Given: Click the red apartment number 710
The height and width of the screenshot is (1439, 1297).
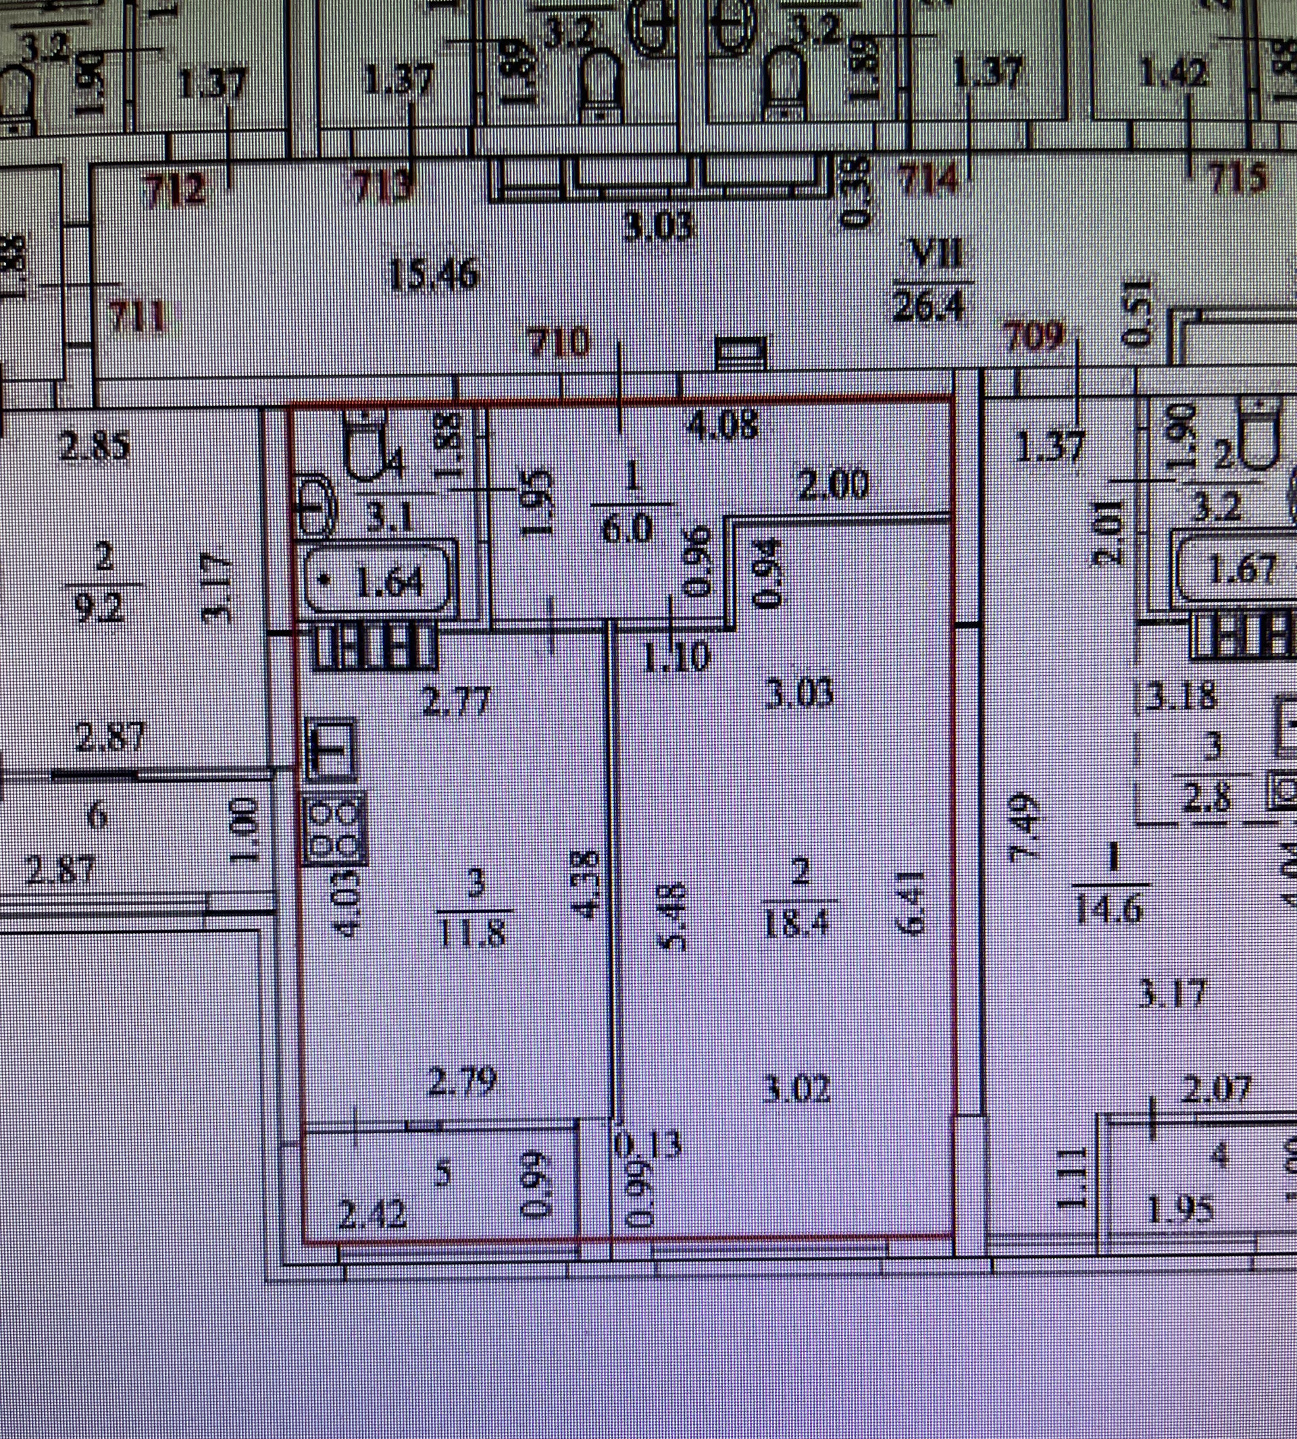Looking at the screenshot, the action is tap(559, 342).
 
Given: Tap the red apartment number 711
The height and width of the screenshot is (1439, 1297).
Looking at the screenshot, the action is tap(138, 317).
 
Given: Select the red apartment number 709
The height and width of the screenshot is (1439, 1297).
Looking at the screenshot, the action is tap(1034, 337).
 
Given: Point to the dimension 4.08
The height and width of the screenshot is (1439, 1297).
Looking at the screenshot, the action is tap(721, 426).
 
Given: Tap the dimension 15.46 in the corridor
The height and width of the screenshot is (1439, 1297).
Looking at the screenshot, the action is tap(434, 274).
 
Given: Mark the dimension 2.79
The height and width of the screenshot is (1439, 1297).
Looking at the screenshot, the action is tap(462, 1081).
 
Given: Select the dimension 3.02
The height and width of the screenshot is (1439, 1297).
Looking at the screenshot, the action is tap(796, 1089).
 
